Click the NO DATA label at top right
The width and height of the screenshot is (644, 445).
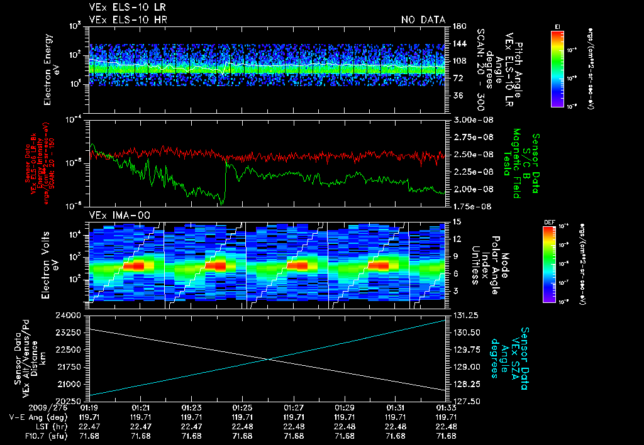pyautogui.click(x=423, y=19)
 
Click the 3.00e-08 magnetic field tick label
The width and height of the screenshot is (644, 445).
pyautogui.click(x=471, y=119)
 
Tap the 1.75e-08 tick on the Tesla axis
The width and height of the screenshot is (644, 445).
pyautogui.click(x=471, y=206)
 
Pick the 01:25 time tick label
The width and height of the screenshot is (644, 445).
pyautogui.click(x=242, y=407)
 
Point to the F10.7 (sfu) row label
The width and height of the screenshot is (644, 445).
pyautogui.click(x=26, y=436)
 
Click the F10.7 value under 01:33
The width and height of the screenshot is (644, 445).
pyautogui.click(x=447, y=436)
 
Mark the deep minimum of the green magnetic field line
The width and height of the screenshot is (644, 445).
pyautogui.click(x=221, y=203)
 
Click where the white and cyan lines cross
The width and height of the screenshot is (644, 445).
pyautogui.click(x=269, y=359)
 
